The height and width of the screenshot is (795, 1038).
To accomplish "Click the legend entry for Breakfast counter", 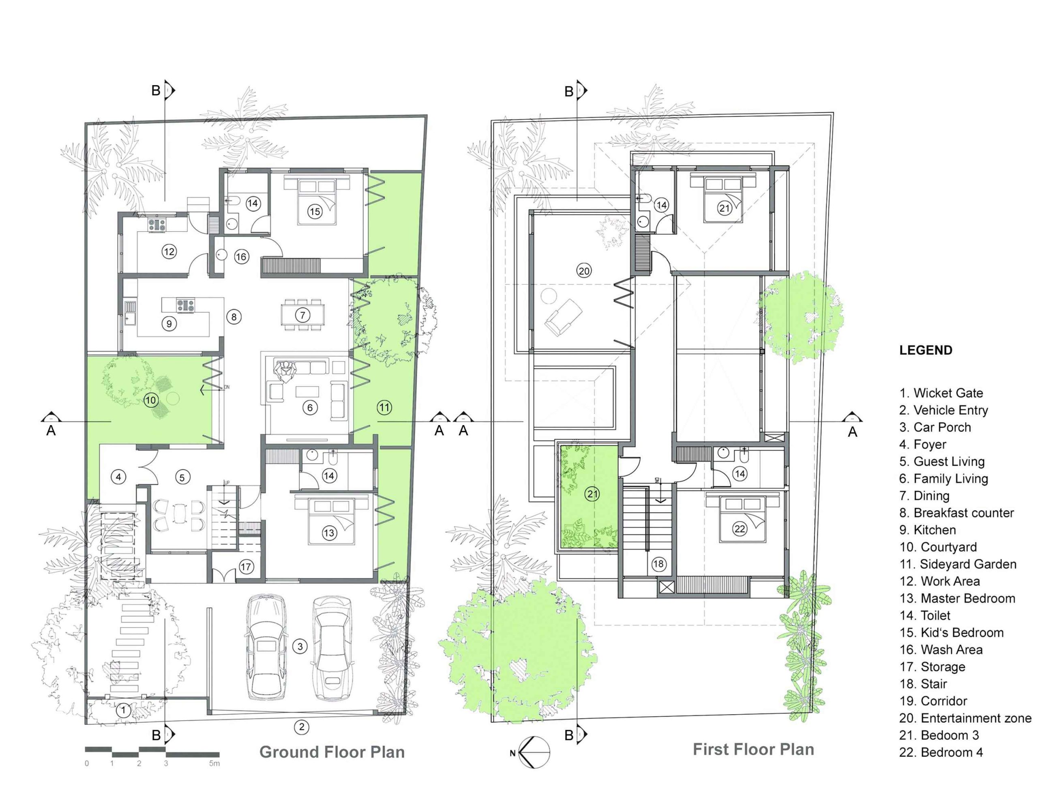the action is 956,513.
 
